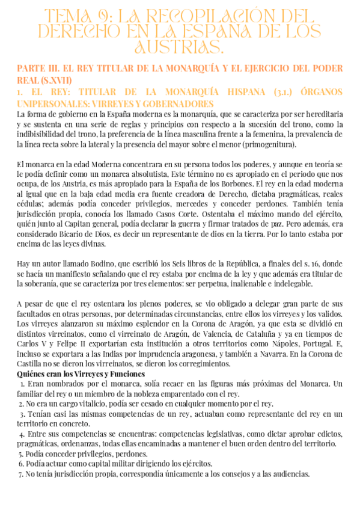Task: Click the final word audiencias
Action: [x=290, y=474]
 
